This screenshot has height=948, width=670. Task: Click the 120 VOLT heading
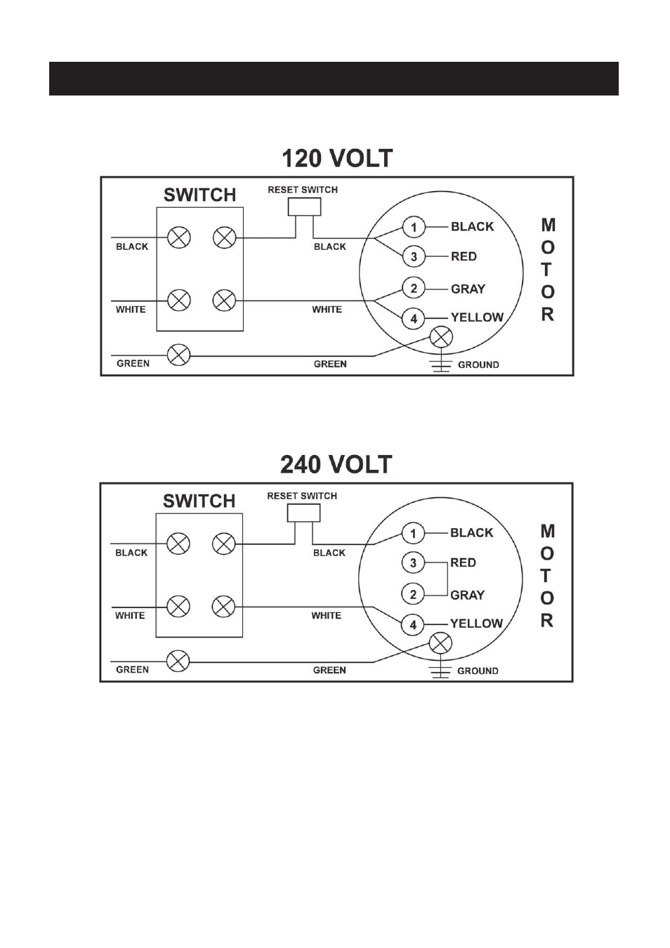tap(337, 158)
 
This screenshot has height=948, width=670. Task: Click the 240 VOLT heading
tap(336, 464)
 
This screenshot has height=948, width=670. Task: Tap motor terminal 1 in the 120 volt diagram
tap(414, 228)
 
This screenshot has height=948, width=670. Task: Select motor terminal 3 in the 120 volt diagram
tap(414, 256)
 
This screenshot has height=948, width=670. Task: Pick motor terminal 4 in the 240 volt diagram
tap(413, 625)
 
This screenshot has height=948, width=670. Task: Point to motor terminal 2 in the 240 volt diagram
tap(413, 595)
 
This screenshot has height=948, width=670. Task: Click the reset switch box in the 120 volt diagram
tap(304, 207)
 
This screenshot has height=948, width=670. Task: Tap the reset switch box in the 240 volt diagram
tap(303, 513)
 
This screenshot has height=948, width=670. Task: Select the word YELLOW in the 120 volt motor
tap(477, 317)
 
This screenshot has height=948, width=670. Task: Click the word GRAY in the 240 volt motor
tap(467, 595)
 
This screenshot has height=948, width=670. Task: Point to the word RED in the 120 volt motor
tap(464, 256)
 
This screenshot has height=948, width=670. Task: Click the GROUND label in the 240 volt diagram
tap(478, 671)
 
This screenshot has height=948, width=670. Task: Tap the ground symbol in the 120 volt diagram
tap(441, 364)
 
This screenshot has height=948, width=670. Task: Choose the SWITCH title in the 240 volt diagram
tap(199, 501)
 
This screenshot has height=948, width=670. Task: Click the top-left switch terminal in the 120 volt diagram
tap(179, 237)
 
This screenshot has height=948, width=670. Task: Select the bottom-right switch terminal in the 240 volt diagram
tap(223, 607)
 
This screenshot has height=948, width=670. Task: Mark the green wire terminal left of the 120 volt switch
tap(178, 355)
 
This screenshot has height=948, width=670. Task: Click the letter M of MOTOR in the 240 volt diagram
tap(548, 531)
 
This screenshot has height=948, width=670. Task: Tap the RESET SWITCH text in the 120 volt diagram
tap(303, 190)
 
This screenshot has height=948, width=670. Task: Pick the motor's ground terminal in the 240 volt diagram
tap(440, 643)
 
